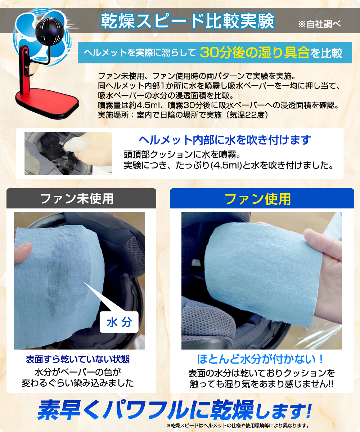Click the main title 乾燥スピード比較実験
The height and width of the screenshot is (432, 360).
click(x=188, y=21)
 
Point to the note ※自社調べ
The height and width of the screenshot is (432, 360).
click(x=319, y=24)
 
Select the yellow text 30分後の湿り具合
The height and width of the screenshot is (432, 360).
click(x=255, y=53)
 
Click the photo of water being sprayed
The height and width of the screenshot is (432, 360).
click(x=68, y=153)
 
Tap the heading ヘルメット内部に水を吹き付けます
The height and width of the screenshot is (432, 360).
click(x=225, y=140)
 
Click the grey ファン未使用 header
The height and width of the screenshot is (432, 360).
click(x=81, y=198)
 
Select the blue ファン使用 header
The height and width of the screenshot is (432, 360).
click(x=262, y=198)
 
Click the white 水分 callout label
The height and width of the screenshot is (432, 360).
click(x=119, y=322)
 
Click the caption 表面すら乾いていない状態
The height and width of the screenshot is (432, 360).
click(x=78, y=359)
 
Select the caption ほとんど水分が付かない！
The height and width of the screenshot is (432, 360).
click(x=260, y=359)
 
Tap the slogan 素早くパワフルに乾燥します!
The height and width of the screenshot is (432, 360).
click(x=174, y=410)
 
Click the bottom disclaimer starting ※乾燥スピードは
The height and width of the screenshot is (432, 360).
click(x=238, y=426)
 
